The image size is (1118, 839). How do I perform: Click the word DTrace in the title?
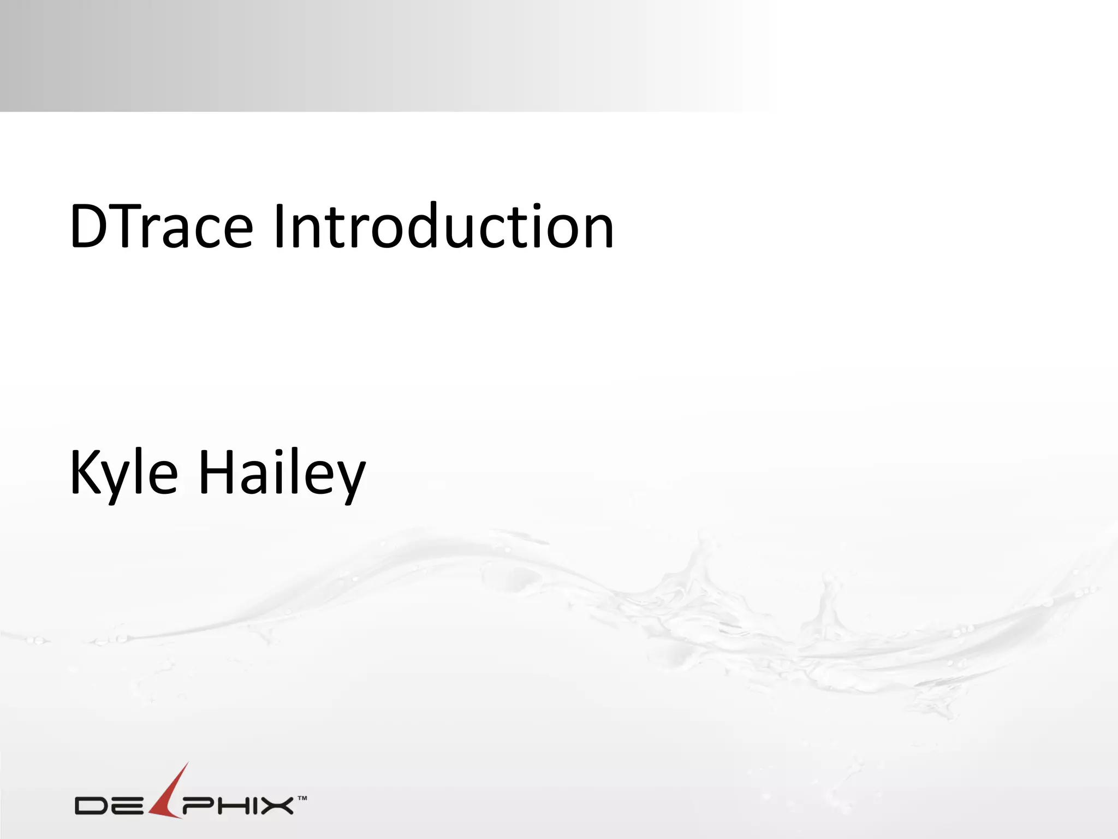pyautogui.click(x=162, y=227)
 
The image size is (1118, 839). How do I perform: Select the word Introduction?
pyautogui.click(x=443, y=227)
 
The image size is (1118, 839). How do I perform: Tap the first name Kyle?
pyautogui.click(x=124, y=473)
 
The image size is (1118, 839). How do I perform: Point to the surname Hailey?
pyautogui.click(x=282, y=473)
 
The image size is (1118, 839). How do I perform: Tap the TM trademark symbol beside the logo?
pyautogui.click(x=302, y=798)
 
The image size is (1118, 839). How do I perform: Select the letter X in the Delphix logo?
pyautogui.click(x=276, y=806)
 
